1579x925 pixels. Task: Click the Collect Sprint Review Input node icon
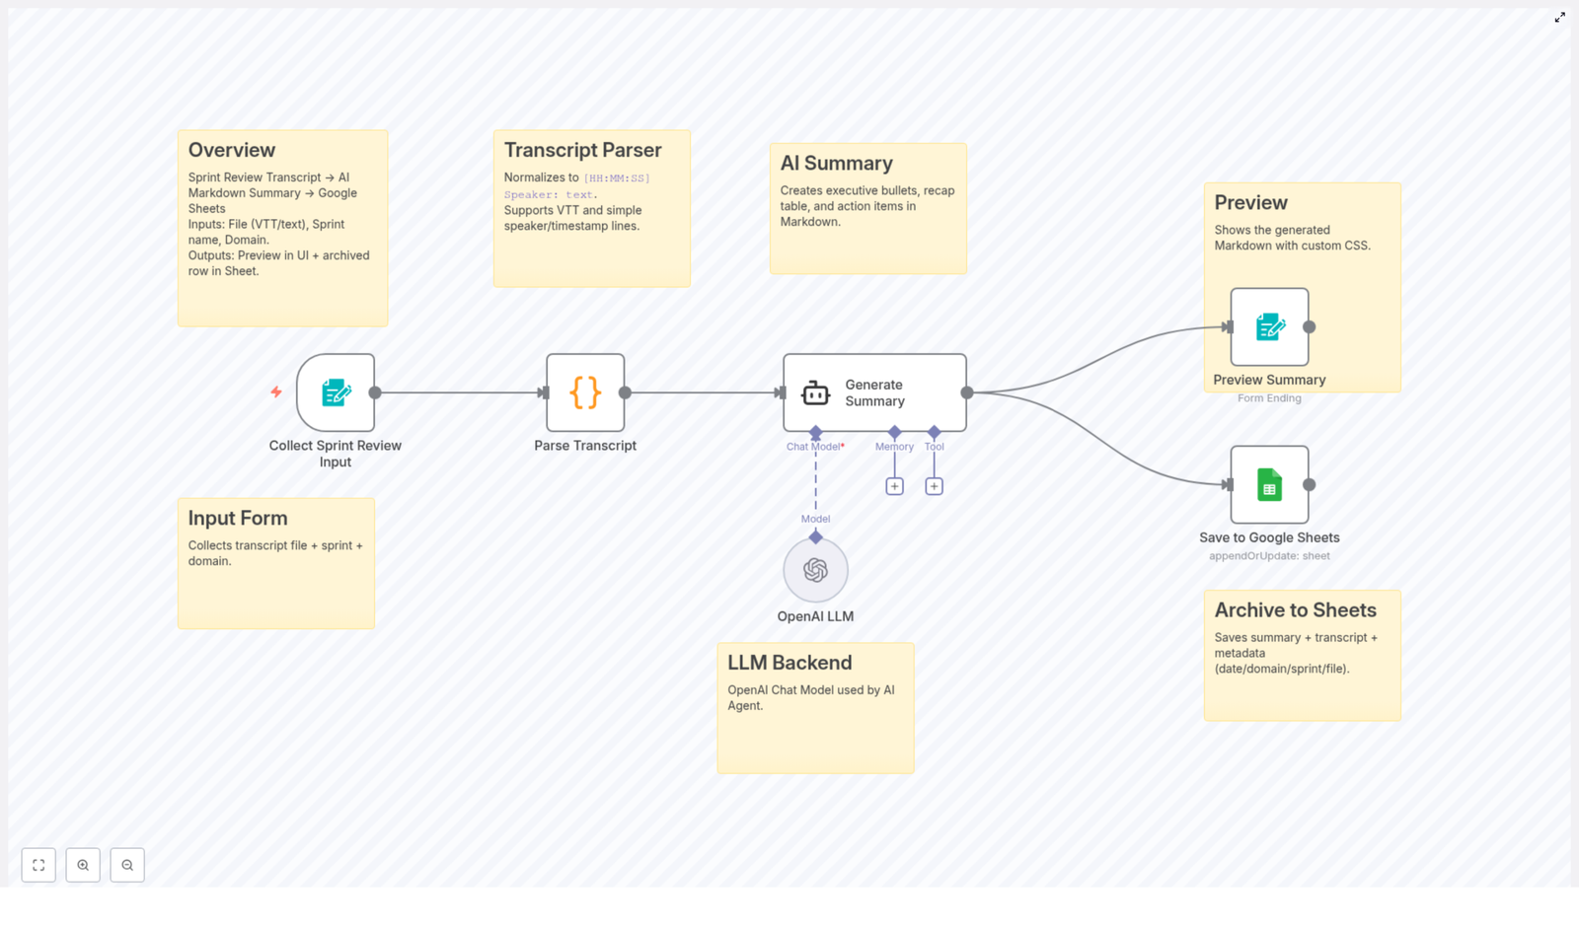pyautogui.click(x=336, y=392)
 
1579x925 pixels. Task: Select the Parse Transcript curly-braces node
pyautogui.click(x=585, y=392)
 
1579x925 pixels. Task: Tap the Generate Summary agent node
pyautogui.click(x=874, y=392)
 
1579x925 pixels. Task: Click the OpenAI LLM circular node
pyautogui.click(x=815, y=570)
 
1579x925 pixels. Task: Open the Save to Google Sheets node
pyautogui.click(x=1269, y=484)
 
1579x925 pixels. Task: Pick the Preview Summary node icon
pyautogui.click(x=1269, y=327)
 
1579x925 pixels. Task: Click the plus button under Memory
pyautogui.click(x=894, y=486)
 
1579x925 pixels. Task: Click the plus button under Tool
pyautogui.click(x=934, y=486)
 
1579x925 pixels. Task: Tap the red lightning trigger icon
pyautogui.click(x=276, y=392)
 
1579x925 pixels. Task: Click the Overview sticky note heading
pyautogui.click(x=232, y=150)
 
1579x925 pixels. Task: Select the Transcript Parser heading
pyautogui.click(x=582, y=150)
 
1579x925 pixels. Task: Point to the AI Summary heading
pyautogui.click(x=836, y=163)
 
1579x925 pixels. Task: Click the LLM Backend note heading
pyautogui.click(x=789, y=663)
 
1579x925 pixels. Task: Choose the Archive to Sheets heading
pyautogui.click(x=1295, y=609)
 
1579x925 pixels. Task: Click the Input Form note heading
pyautogui.click(x=238, y=518)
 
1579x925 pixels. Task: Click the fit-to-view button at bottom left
pyautogui.click(x=38, y=865)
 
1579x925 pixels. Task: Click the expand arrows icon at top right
pyautogui.click(x=1559, y=18)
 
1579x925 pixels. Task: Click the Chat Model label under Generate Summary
pyautogui.click(x=813, y=447)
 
